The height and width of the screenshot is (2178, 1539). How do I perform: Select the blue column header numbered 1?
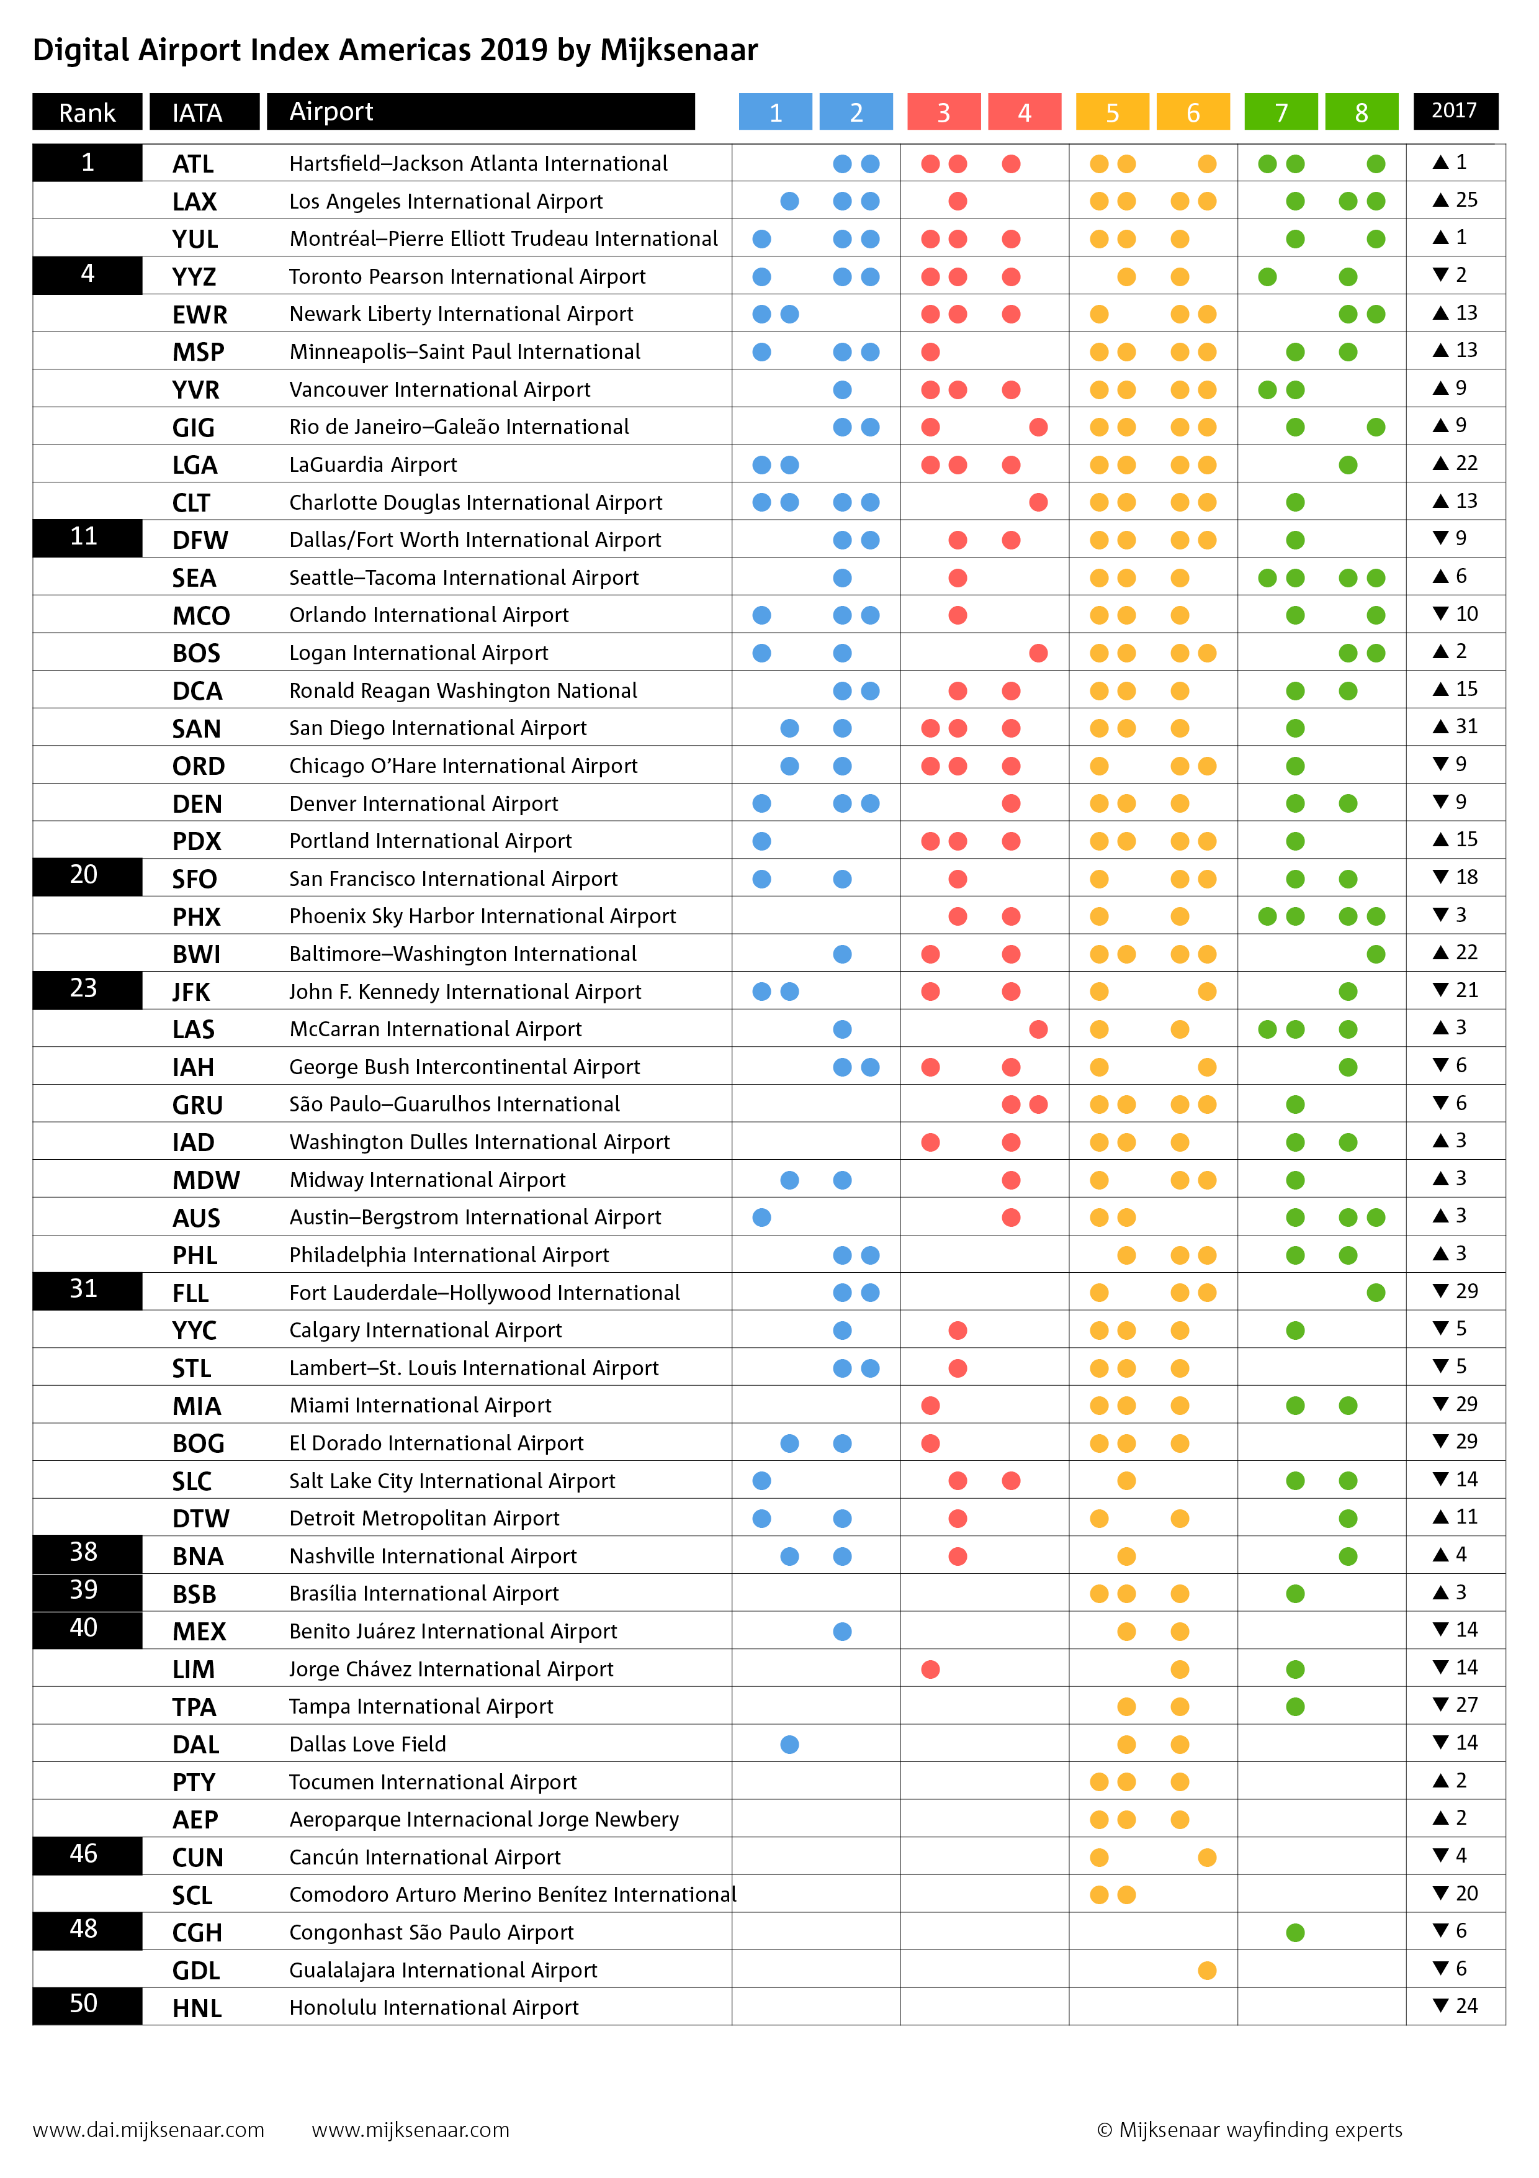coord(774,112)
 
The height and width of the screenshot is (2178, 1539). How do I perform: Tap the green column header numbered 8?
coord(1361,112)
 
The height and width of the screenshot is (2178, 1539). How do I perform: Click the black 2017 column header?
coord(1455,111)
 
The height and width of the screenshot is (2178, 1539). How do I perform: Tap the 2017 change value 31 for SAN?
coord(1466,726)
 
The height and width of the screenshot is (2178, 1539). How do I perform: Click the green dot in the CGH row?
coord(1295,1932)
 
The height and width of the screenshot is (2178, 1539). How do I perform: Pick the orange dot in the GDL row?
coord(1207,1970)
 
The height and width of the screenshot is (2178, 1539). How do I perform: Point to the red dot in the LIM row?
coord(930,1669)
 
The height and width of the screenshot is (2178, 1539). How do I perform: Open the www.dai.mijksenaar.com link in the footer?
coord(149,2130)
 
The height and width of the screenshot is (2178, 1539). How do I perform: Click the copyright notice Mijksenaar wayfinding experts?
coord(1250,2130)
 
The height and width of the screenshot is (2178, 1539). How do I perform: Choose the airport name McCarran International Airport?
coord(435,1029)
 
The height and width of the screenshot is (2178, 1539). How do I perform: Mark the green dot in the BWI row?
coord(1376,954)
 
